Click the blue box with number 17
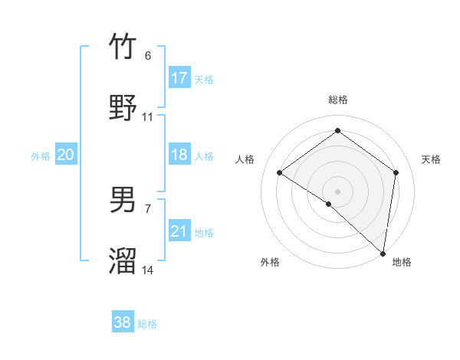(179, 78)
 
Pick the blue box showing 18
(179, 155)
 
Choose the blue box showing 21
(179, 231)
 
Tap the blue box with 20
(66, 155)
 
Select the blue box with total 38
(123, 322)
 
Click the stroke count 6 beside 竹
(147, 56)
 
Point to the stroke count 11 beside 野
(148, 117)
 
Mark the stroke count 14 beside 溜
(148, 270)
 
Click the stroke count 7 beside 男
(147, 209)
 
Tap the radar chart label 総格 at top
(338, 100)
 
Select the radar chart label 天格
(431, 159)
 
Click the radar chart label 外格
(270, 263)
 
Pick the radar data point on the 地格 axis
(383, 252)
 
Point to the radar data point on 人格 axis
(280, 173)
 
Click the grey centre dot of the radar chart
(337, 191)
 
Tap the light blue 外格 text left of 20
(41, 156)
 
